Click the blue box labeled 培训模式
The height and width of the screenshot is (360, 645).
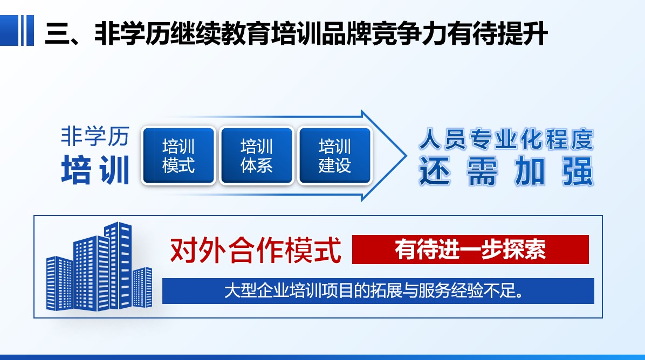coord(179,155)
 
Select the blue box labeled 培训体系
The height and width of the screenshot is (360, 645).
coord(257,155)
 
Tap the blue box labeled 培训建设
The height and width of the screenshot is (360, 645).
coord(335,155)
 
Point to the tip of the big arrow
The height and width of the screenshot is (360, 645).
coord(407,156)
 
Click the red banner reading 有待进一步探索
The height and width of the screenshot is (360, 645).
coord(470,250)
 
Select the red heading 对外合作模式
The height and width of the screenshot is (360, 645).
coord(256,250)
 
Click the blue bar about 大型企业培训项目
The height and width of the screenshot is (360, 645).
coord(378,291)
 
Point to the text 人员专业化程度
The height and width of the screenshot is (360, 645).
coord(506,140)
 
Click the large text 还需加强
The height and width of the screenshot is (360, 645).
coord(506,171)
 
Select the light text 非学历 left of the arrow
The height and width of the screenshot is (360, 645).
coord(95,136)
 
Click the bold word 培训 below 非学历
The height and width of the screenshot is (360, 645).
coord(95,170)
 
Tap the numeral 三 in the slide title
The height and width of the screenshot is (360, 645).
coord(57,33)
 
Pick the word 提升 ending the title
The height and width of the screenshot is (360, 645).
coord(523,33)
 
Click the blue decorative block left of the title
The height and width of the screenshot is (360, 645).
coord(17,30)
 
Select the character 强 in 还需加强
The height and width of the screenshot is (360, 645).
coord(578,171)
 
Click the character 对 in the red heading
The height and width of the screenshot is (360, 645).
coord(183,250)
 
